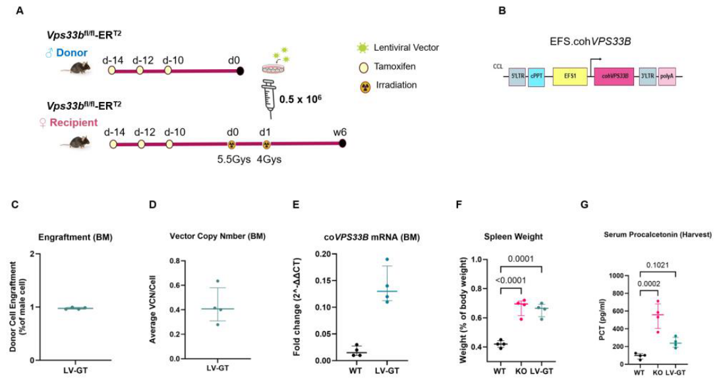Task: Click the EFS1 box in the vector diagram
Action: [x=570, y=76]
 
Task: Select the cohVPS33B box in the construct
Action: [x=614, y=76]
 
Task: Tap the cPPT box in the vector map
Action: [x=536, y=76]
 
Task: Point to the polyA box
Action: [x=667, y=76]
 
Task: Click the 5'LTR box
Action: [x=517, y=76]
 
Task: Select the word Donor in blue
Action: [x=72, y=53]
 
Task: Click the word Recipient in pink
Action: [x=73, y=122]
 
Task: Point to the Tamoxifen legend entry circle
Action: [x=364, y=68]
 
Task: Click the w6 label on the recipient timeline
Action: [x=340, y=132]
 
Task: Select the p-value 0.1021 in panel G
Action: [x=658, y=265]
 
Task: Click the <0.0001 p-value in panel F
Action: [x=509, y=280]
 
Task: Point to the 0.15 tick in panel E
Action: [x=324, y=280]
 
